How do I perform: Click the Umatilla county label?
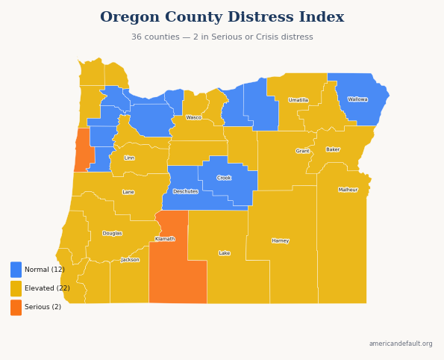298,100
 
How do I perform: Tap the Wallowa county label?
357,99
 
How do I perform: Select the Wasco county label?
194,117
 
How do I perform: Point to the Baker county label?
333,149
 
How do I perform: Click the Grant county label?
302,151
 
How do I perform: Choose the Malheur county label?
348,190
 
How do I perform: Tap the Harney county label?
281,240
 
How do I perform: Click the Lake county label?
225,253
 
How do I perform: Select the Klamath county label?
165,239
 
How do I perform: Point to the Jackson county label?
130,260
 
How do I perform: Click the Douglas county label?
113,233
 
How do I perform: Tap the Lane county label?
128,192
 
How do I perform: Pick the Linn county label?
129,158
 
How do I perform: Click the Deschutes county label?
185,191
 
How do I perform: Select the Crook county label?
224,178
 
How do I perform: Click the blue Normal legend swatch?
16,270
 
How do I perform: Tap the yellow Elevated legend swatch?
16,288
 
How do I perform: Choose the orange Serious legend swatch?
16,307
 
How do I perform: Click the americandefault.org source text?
401,344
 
